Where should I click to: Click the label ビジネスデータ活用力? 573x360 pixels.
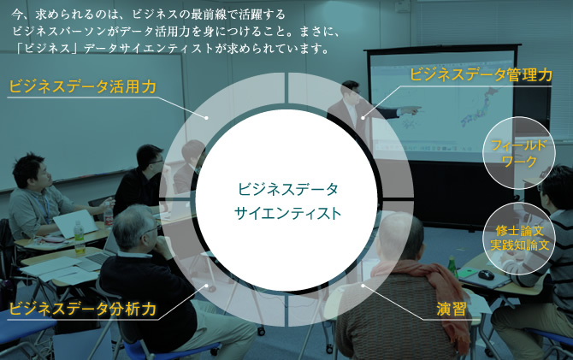(x=83, y=87)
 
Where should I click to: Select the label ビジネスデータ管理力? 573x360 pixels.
(x=481, y=74)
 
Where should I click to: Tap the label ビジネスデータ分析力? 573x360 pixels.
(x=83, y=310)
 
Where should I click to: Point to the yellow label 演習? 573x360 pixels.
(x=452, y=310)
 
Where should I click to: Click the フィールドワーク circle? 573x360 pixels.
(x=519, y=153)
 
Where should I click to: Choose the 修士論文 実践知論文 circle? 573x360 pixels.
(x=519, y=239)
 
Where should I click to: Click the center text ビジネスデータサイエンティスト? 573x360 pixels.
(x=287, y=201)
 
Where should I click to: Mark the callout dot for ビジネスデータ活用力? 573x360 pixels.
(x=206, y=118)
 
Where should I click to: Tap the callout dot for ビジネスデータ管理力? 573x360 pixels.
(x=363, y=118)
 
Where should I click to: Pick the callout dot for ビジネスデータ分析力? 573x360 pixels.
(x=206, y=286)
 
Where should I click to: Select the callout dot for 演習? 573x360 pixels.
(x=363, y=286)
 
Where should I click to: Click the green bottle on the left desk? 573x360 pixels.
(x=80, y=238)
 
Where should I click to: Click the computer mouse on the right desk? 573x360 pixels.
(x=485, y=274)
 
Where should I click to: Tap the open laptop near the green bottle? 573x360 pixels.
(x=74, y=224)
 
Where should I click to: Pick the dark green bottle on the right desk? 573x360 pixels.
(x=452, y=267)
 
